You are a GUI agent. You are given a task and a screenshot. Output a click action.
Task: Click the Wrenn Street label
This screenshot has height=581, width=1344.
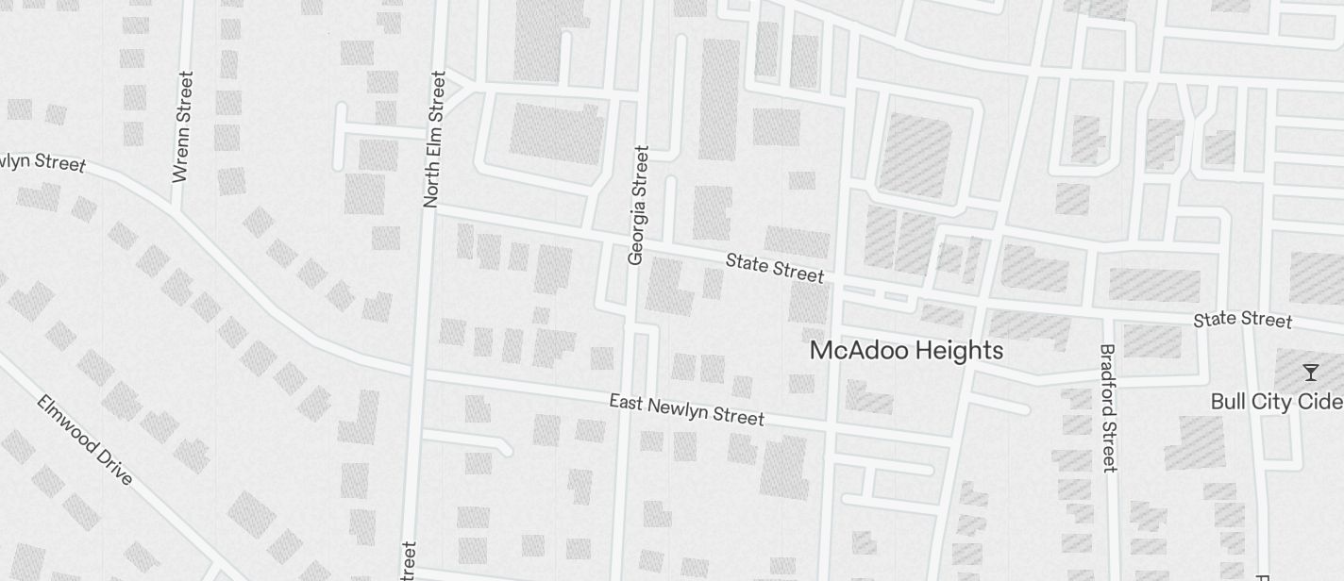(183, 126)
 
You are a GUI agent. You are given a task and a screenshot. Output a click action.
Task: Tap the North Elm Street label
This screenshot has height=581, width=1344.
(435, 139)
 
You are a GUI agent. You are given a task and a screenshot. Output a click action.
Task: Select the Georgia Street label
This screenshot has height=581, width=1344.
(639, 205)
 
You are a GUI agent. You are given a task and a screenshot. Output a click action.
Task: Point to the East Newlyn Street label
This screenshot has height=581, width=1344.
(686, 409)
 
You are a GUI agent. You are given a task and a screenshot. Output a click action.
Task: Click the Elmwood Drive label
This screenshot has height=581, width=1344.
(84, 440)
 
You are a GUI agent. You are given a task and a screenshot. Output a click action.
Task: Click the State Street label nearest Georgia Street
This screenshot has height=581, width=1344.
(775, 267)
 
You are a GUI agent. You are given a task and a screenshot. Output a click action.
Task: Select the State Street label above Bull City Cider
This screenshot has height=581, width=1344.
(1242, 320)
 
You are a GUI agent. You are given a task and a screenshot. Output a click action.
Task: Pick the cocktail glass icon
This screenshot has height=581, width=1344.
(1310, 372)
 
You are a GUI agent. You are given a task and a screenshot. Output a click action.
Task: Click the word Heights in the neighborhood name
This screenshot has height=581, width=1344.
(959, 351)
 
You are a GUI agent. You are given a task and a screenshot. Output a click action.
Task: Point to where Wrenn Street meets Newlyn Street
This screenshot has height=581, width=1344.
(174, 210)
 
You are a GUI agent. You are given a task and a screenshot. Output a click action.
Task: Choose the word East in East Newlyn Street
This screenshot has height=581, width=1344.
(627, 403)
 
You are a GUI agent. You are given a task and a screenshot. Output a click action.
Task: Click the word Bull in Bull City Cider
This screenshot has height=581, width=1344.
(1229, 402)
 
